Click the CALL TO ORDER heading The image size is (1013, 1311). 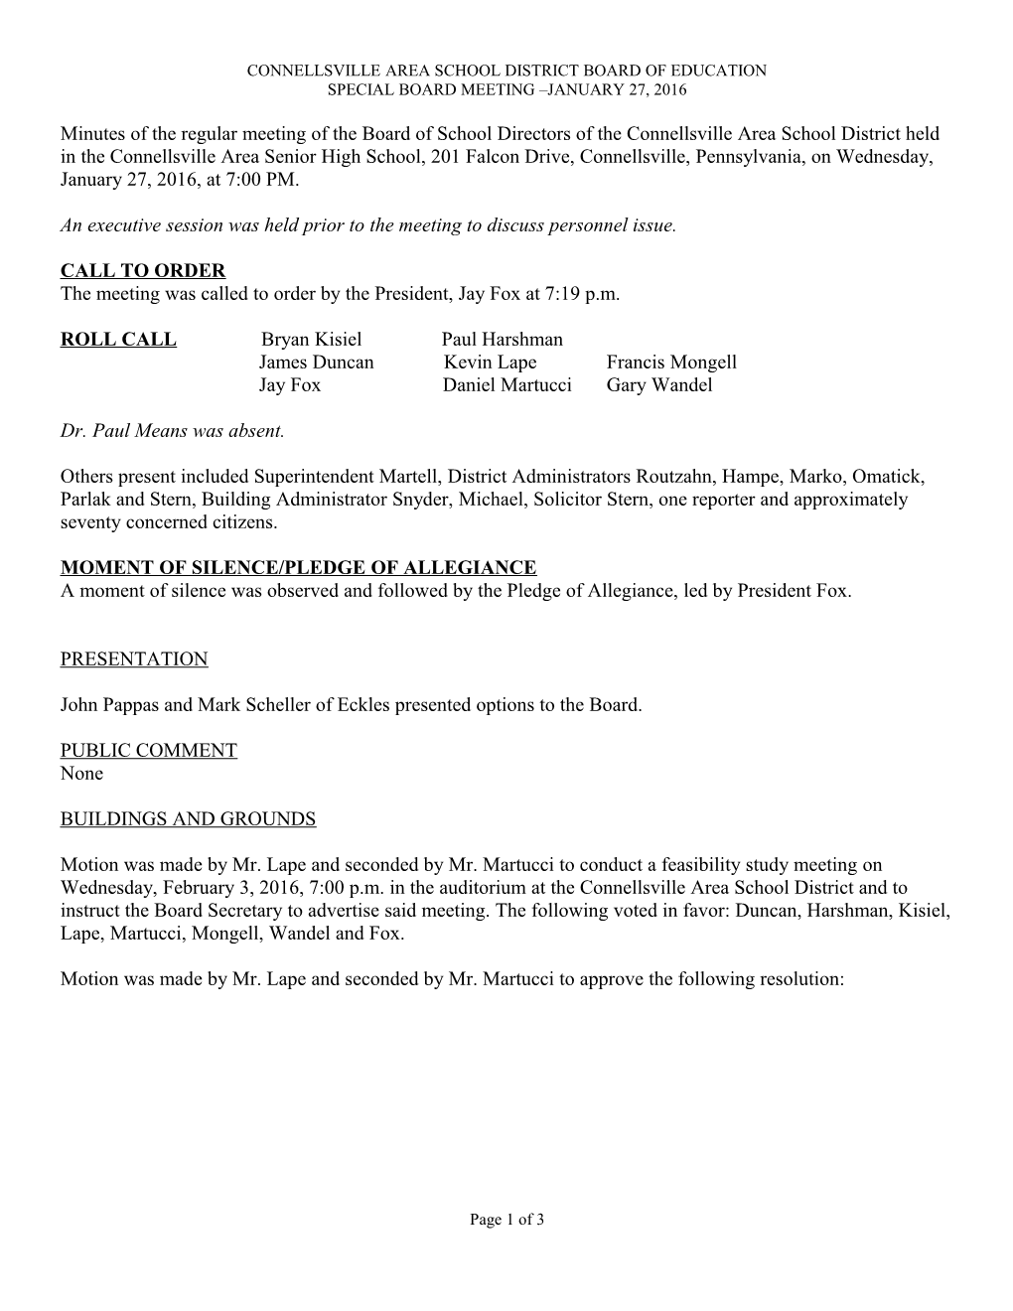coord(143,270)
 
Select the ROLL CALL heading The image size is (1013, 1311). coord(118,339)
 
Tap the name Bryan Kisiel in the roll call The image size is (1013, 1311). coord(311,339)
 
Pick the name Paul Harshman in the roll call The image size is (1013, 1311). coord(502,339)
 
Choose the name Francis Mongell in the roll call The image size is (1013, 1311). coord(671,362)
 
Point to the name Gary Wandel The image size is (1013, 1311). coord(659,384)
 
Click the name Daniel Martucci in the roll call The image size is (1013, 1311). coord(506,384)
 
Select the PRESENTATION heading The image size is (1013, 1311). coord(134,658)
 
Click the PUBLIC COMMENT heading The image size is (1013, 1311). coord(149,750)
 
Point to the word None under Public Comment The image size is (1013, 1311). coord(81,773)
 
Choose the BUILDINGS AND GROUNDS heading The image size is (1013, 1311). coord(188,818)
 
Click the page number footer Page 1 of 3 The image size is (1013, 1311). coord(506,1220)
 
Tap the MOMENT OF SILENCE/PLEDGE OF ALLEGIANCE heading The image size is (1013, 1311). coord(298,567)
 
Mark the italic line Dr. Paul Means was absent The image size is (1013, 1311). coord(173,431)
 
